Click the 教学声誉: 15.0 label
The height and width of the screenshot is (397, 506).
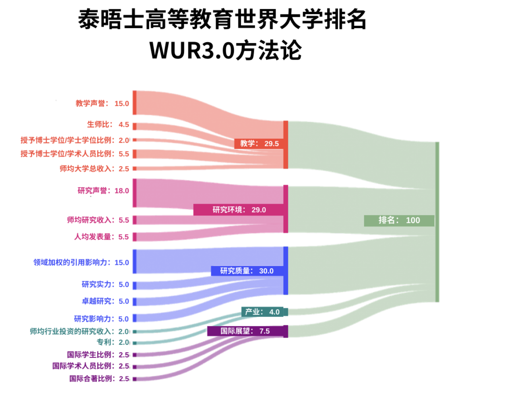pyautogui.click(x=102, y=103)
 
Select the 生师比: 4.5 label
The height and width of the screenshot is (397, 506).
pyautogui.click(x=108, y=124)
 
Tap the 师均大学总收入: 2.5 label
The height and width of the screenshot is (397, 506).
pyautogui.click(x=94, y=169)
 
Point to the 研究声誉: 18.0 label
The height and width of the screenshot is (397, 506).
pyautogui.click(x=103, y=191)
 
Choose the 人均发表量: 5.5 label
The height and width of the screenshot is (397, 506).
pyautogui.click(x=101, y=237)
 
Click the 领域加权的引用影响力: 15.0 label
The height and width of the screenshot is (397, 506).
pyautogui.click(x=81, y=262)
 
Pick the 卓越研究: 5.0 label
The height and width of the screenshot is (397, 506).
pyautogui.click(x=105, y=301)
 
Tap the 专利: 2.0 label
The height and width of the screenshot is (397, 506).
pyautogui.click(x=113, y=342)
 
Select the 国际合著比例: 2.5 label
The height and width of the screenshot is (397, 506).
pyautogui.click(x=99, y=379)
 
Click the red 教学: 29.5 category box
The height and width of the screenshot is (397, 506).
pyautogui.click(x=259, y=144)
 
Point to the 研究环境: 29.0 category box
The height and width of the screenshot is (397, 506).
pyautogui.click(x=239, y=210)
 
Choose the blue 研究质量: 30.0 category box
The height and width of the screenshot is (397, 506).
pyautogui.click(x=247, y=271)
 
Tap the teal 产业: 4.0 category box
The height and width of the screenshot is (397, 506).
pyautogui.click(x=262, y=312)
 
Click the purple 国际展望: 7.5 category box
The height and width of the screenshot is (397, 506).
pyautogui.click(x=245, y=331)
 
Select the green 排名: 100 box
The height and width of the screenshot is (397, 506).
pyautogui.click(x=399, y=221)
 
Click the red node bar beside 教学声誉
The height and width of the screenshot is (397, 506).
pyautogui.click(x=135, y=102)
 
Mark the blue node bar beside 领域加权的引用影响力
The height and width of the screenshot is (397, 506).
pyautogui.click(x=135, y=261)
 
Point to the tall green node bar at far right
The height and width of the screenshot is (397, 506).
pyautogui.click(x=437, y=222)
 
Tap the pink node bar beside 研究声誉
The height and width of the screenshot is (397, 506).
pyautogui.click(x=135, y=192)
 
